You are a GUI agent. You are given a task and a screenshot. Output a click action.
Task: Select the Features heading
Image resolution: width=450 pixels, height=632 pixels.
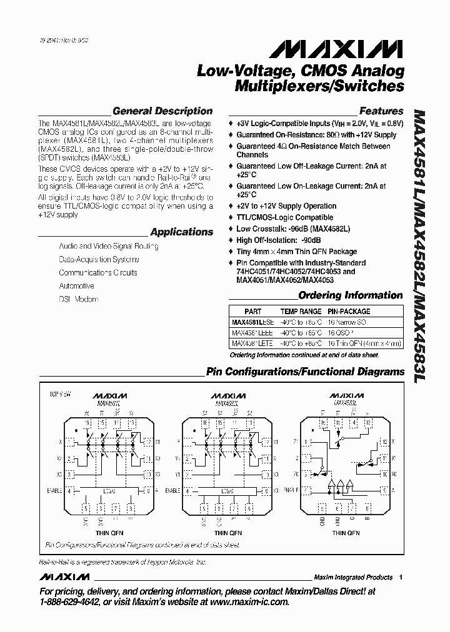pyautogui.click(x=381, y=111)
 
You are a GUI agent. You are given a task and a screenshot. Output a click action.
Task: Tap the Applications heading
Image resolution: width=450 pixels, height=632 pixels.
pyautogui.click(x=181, y=232)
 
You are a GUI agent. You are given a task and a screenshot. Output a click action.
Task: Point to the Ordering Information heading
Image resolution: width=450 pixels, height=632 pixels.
pyautogui.click(x=350, y=295)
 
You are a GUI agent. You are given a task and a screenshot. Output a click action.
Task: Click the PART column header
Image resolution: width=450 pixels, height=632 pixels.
pyautogui.click(x=253, y=311)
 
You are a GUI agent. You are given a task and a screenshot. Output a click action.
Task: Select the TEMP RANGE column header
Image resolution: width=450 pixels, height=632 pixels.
pyautogui.click(x=301, y=311)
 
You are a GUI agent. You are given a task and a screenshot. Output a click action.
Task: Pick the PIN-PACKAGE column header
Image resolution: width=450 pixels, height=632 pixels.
pyautogui.click(x=349, y=311)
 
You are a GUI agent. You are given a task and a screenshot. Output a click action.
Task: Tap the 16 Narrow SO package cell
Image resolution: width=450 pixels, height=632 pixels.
pyautogui.click(x=347, y=322)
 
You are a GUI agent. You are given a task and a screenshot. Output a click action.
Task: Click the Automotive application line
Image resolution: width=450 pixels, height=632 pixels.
pyautogui.click(x=76, y=286)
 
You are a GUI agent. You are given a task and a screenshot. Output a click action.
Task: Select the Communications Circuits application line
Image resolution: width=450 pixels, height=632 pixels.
pyautogui.click(x=97, y=273)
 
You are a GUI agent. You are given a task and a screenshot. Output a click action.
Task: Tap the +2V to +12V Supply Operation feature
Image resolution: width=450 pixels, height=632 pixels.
pyautogui.click(x=286, y=206)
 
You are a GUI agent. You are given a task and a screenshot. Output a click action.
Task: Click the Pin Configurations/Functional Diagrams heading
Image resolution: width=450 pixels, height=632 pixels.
pyautogui.click(x=305, y=372)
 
